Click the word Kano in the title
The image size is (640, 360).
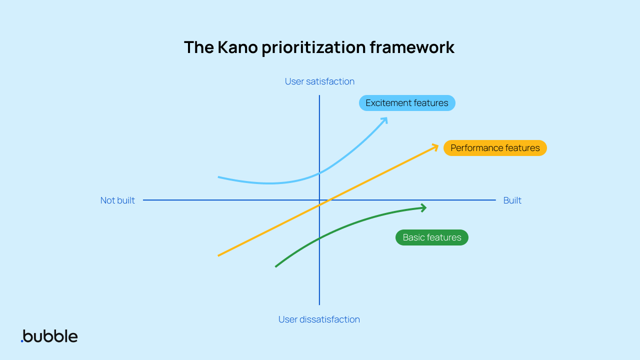(236, 47)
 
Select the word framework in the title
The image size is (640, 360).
(412, 47)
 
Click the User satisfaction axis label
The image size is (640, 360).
(319, 81)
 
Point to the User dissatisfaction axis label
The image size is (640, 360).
(319, 319)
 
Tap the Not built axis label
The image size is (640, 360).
(117, 200)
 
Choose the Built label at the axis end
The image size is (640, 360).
(512, 200)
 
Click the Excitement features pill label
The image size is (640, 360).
(407, 103)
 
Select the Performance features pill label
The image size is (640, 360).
(495, 148)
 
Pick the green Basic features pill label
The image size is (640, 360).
(432, 237)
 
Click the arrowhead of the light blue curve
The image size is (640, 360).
(385, 119)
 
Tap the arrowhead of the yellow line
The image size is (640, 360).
(436, 146)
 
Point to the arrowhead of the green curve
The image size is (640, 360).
(424, 207)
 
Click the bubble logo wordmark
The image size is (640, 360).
(50, 335)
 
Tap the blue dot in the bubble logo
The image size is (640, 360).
(22, 341)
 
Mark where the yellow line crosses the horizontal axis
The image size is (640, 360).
(328, 200)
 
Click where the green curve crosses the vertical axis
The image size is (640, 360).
(319, 238)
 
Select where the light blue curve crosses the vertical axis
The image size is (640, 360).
(319, 173)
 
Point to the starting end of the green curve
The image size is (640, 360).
(276, 266)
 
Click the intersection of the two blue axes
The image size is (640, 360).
(319, 200)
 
